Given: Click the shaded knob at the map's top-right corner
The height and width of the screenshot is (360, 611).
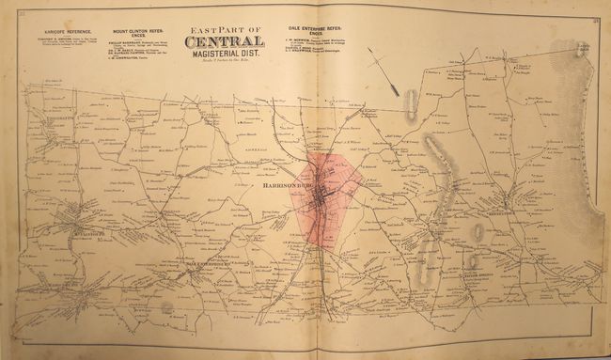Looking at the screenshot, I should click(x=582, y=52).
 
